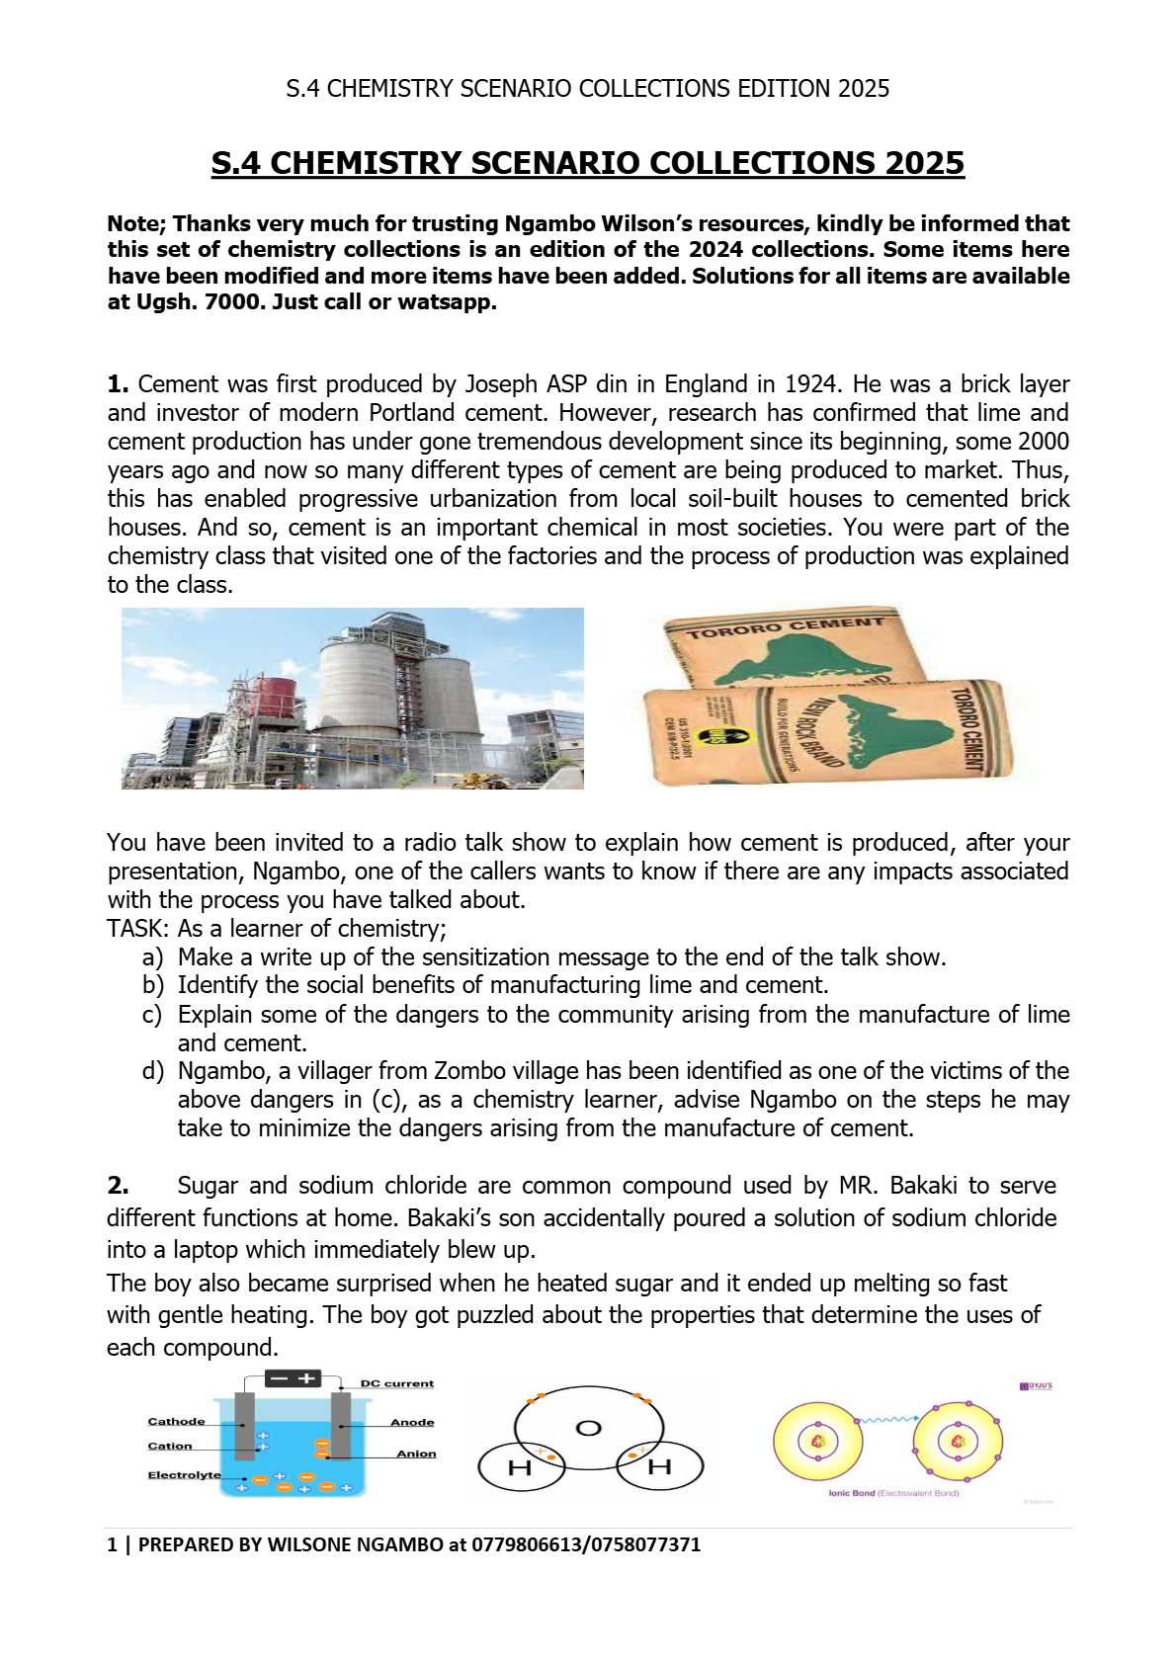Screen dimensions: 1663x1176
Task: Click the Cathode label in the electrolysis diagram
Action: click(x=177, y=1421)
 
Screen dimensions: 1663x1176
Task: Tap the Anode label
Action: click(x=412, y=1422)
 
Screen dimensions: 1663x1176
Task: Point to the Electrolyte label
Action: click(x=184, y=1474)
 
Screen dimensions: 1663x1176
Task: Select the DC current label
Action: click(x=397, y=1383)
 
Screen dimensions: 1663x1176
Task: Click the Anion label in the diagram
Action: click(x=416, y=1454)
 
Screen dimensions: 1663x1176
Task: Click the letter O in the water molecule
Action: click(x=588, y=1428)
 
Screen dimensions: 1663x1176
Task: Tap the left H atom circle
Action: click(x=520, y=1467)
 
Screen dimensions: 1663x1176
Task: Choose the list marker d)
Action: click(x=152, y=1071)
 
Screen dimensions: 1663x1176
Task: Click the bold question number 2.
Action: click(x=118, y=1186)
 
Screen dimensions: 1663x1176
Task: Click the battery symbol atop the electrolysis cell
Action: click(x=294, y=1378)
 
